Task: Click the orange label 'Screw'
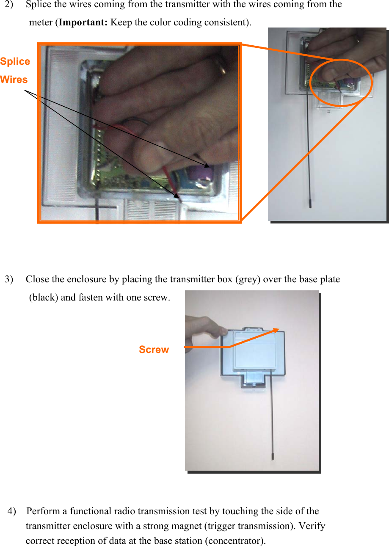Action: click(154, 350)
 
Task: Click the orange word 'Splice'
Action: click(15, 62)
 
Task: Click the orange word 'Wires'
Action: click(14, 80)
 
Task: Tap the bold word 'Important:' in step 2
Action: click(83, 22)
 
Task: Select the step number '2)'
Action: click(10, 5)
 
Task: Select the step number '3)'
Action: click(9, 279)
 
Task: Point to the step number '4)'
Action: click(12, 511)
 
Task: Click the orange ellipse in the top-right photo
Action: click(341, 82)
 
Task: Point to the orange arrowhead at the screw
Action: click(276, 330)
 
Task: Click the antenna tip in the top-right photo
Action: click(310, 203)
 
